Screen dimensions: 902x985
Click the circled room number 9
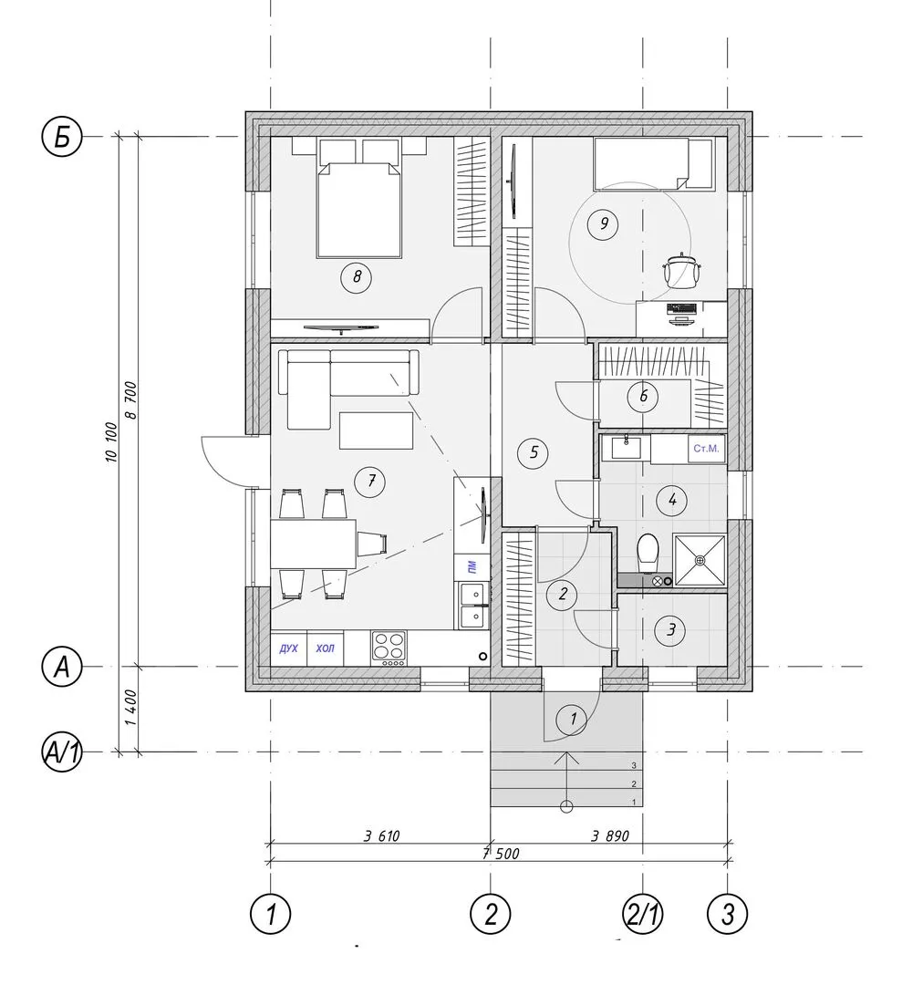coord(605,223)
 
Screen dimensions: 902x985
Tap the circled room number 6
coord(643,397)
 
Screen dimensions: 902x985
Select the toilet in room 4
coord(647,552)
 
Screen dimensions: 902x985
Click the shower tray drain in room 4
coord(700,559)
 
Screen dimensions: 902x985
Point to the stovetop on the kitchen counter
coord(389,647)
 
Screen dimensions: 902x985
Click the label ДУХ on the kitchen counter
coord(288,648)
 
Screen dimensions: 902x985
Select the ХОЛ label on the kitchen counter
coord(325,648)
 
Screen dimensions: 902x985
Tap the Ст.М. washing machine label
coord(705,449)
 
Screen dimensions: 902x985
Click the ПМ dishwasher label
coord(472,567)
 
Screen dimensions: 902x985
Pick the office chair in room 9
coord(681,269)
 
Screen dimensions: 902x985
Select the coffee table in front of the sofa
coord(377,430)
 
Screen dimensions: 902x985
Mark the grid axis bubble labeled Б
coord(61,136)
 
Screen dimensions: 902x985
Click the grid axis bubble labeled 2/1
coord(642,914)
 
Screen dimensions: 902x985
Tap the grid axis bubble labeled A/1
coord(61,752)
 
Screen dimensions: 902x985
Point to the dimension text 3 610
coord(381,836)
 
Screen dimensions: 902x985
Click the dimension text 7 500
coord(501,854)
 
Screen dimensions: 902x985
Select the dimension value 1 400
coord(130,708)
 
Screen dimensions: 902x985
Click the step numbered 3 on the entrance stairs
coord(635,765)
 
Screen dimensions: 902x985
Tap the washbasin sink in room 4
coord(626,448)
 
